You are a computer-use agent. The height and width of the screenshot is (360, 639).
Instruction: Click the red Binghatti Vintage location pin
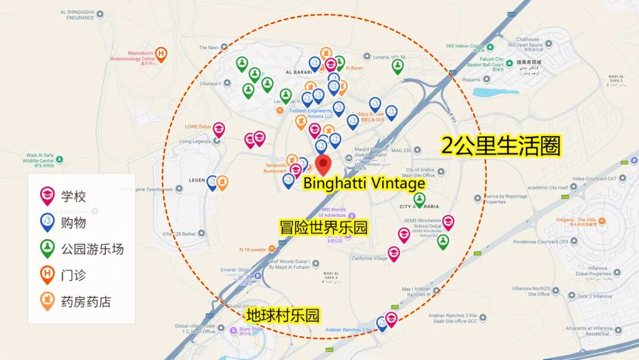click(x=323, y=164)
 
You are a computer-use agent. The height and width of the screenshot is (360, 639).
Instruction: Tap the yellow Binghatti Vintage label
click(x=364, y=183)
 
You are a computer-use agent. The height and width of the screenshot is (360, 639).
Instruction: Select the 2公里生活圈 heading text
click(x=501, y=146)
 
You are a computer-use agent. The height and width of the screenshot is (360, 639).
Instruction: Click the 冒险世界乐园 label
click(x=324, y=227)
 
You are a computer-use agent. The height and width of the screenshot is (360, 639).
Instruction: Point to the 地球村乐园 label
click(x=283, y=315)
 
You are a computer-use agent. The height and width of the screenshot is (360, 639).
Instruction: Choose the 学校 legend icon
click(x=47, y=195)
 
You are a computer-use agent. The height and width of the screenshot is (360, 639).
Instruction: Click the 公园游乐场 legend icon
click(x=47, y=248)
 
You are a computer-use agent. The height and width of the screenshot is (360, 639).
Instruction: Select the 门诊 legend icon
click(x=47, y=275)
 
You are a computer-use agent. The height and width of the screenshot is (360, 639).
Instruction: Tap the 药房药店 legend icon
click(x=47, y=301)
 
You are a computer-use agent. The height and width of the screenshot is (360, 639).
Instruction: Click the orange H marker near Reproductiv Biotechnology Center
click(x=161, y=54)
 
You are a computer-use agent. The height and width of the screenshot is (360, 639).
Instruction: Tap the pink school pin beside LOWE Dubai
click(x=219, y=129)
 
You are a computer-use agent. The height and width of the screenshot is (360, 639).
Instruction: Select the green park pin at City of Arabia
click(x=419, y=200)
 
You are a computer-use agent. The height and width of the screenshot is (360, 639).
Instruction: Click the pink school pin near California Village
click(x=393, y=253)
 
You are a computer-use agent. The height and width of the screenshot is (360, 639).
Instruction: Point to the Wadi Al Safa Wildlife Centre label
click(x=38, y=160)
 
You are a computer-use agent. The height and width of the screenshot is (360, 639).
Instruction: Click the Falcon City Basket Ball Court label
click(x=485, y=62)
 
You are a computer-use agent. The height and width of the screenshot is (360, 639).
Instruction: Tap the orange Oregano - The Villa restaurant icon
click(x=602, y=221)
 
